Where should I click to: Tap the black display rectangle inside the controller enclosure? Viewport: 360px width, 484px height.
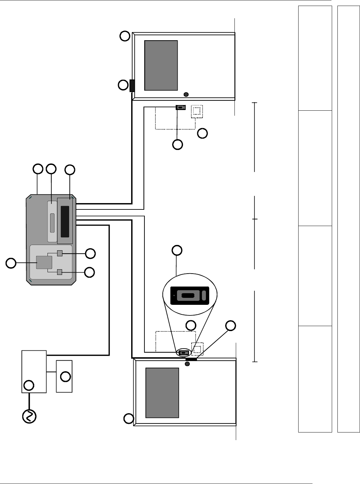point(65,221)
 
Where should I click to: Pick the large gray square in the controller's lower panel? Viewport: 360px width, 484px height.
point(44,263)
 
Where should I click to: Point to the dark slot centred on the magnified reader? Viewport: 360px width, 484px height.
point(188,296)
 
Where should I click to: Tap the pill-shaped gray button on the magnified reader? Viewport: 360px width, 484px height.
point(204,295)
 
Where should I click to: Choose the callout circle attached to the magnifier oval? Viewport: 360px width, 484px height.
point(177,250)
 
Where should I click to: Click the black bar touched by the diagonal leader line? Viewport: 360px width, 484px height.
point(191,359)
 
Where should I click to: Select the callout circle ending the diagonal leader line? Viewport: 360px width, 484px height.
point(231,325)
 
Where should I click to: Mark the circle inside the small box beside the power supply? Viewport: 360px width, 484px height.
point(66,377)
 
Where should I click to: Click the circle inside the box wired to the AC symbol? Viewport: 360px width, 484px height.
point(29,386)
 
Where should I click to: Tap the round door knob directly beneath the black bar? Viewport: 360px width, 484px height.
point(187,364)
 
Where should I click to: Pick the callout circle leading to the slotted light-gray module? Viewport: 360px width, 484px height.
point(51,169)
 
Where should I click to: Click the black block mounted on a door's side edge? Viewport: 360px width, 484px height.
point(132,85)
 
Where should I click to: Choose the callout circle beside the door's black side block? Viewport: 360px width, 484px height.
point(123,85)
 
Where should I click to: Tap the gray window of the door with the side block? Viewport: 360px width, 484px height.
point(161,65)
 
